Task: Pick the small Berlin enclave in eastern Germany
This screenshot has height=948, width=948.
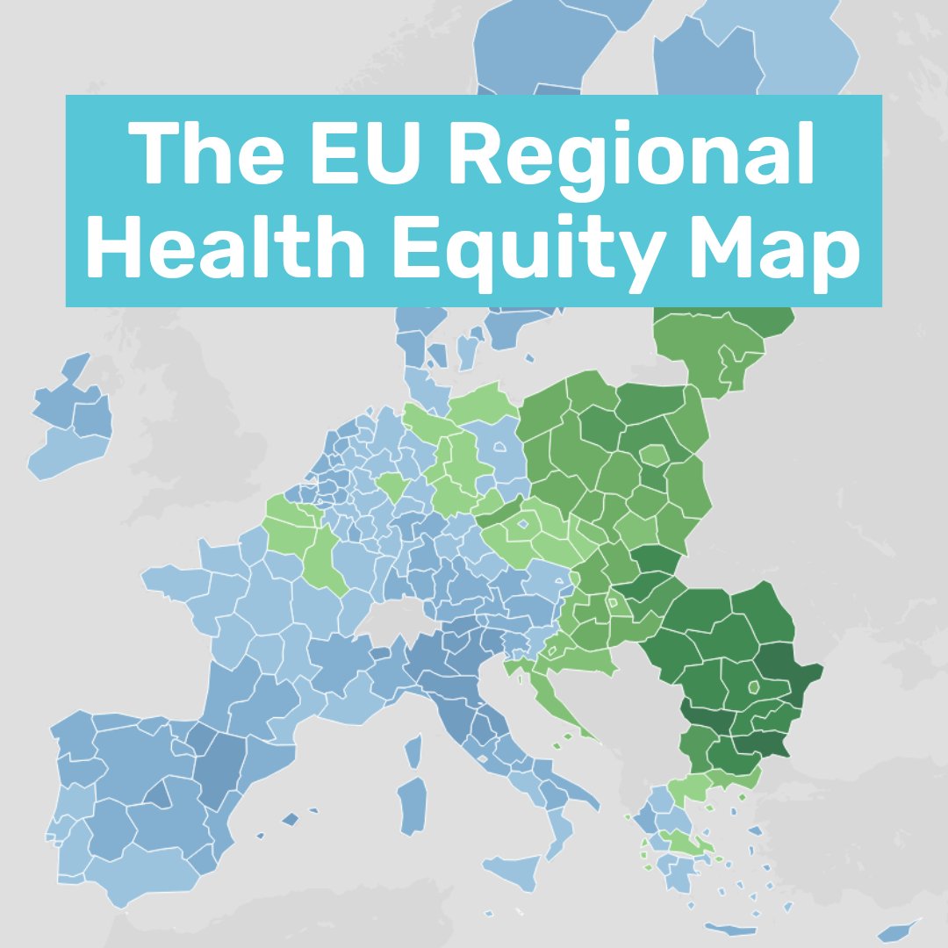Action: pyautogui.click(x=499, y=446)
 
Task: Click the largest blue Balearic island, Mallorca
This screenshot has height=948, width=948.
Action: pyautogui.click(x=290, y=820)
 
